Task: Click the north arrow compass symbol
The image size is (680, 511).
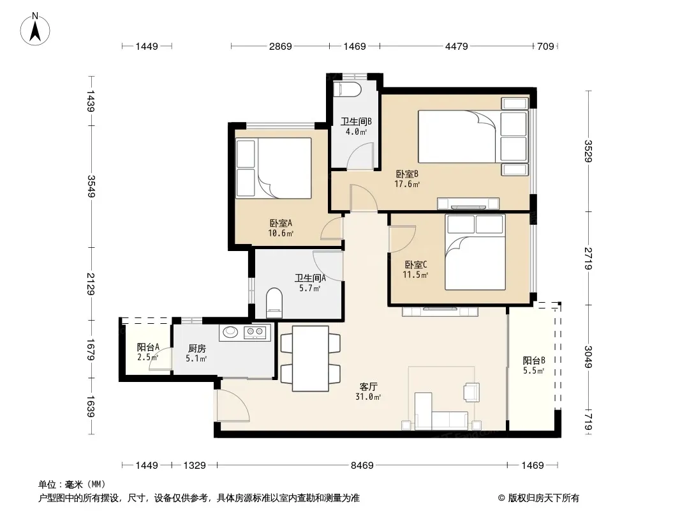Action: (35, 29)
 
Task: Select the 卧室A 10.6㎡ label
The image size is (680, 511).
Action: (281, 228)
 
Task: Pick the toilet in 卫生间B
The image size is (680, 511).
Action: (348, 89)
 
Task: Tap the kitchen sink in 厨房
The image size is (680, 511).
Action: (230, 333)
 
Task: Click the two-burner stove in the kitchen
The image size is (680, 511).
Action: (255, 333)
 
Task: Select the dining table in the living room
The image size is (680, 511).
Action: (310, 358)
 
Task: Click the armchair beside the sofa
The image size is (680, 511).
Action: (471, 391)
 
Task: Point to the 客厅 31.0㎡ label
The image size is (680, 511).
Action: (368, 391)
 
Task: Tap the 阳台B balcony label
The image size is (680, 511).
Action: (533, 365)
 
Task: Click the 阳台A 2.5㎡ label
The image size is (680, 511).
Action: (148, 352)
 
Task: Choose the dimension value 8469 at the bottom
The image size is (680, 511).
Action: (362, 466)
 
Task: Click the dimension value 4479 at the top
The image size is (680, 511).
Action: (457, 46)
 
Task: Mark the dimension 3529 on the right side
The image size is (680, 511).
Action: (588, 151)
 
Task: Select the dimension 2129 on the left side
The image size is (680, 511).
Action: (91, 284)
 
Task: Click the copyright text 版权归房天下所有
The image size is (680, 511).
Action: (543, 498)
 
